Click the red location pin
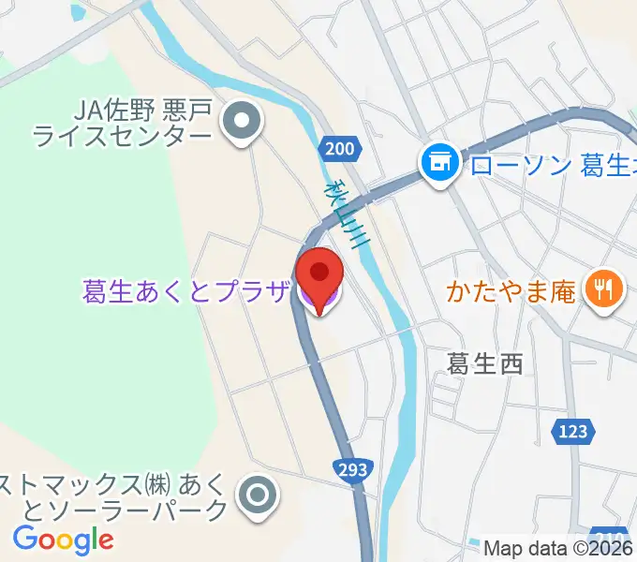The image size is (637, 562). pyautogui.click(x=319, y=274)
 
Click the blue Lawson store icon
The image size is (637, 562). pyautogui.click(x=437, y=165)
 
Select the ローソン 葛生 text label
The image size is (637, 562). pyautogui.click(x=548, y=166)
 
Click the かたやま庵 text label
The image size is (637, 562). pyautogui.click(x=511, y=292)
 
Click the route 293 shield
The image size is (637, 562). pyautogui.click(x=353, y=468)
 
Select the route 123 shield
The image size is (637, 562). pyautogui.click(x=574, y=431)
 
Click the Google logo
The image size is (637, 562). pyautogui.click(x=64, y=540)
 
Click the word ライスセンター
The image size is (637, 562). pyautogui.click(x=122, y=139)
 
